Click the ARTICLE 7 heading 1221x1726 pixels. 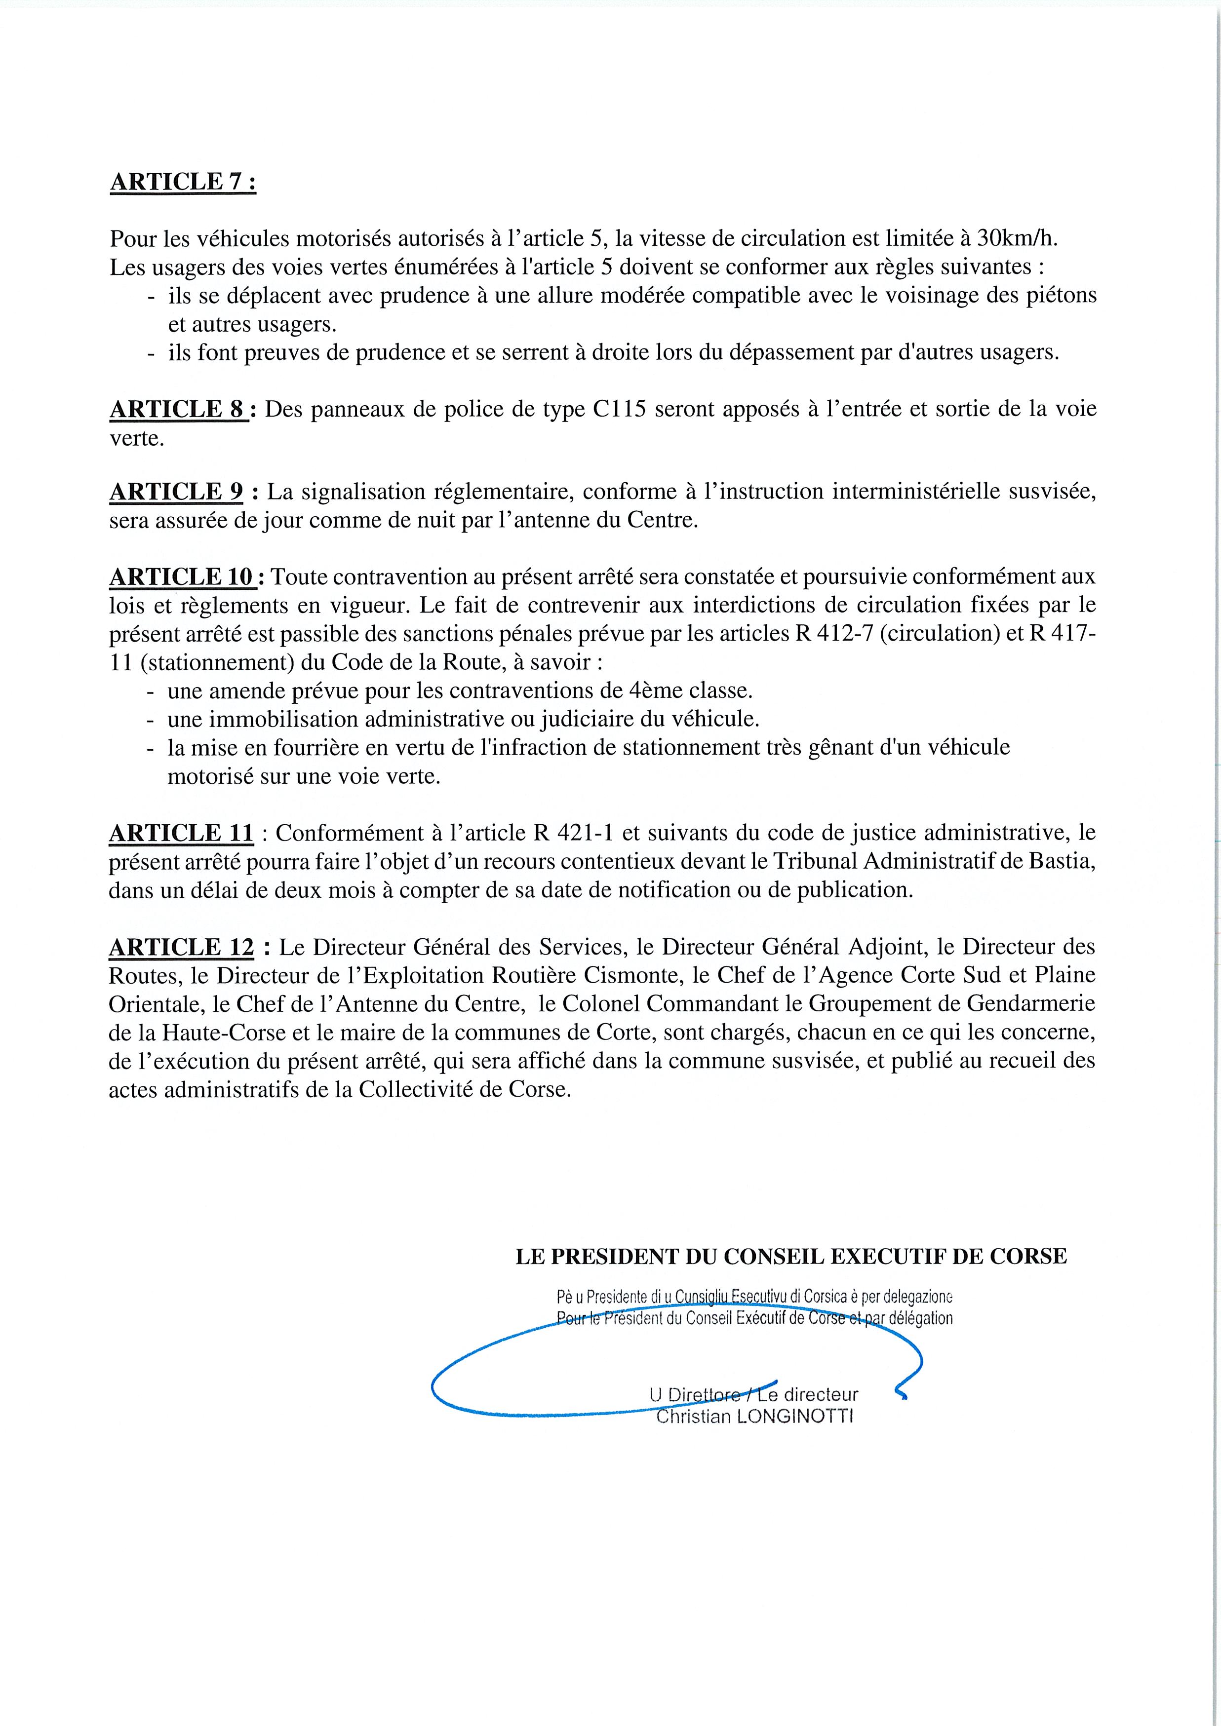tap(183, 182)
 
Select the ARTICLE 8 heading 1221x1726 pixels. tap(179, 409)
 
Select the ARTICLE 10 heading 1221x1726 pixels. tap(185, 576)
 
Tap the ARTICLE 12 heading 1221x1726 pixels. tap(182, 947)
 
